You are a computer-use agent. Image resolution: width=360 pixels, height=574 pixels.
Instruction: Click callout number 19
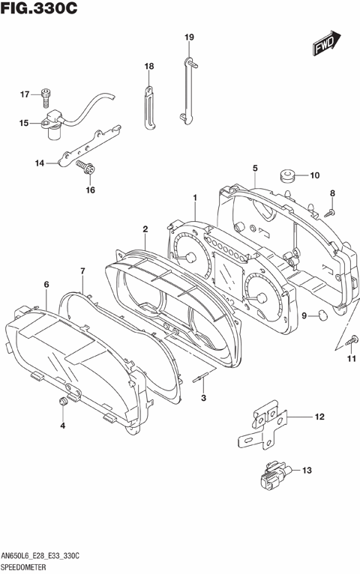189,37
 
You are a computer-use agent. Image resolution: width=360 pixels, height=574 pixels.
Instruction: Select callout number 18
148,67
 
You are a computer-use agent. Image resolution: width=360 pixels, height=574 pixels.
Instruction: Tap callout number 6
46,285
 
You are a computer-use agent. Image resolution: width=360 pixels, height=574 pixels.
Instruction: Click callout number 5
255,168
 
